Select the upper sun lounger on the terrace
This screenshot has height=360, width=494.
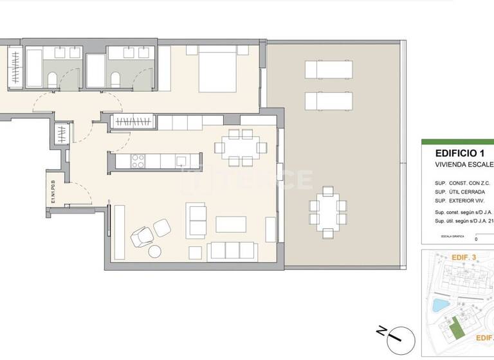tap(329, 68)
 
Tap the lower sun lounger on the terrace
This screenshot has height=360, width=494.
tap(329, 101)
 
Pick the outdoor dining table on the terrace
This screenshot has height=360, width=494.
tap(328, 213)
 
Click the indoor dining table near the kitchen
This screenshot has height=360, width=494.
tap(241, 147)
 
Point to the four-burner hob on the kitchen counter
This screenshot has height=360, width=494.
tap(138, 161)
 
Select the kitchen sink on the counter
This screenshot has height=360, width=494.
tap(182, 161)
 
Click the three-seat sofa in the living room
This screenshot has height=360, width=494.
tap(233, 251)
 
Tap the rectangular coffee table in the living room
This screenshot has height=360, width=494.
tap(231, 224)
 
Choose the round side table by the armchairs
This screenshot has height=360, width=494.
tap(155, 251)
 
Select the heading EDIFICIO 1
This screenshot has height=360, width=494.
tap(459, 154)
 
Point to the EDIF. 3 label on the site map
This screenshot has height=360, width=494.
tap(464, 257)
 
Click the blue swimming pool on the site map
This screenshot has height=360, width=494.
tap(441, 303)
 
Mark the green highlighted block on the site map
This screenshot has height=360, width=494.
tap(455, 328)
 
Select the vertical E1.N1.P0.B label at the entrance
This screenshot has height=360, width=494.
tap(55, 192)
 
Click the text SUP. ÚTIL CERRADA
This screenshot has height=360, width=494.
tap(460, 192)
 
